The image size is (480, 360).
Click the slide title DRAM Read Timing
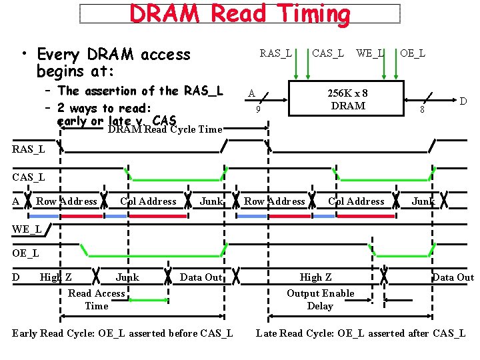[x=239, y=14]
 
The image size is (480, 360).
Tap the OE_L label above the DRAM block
[x=413, y=53]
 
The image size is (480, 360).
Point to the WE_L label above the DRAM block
[x=370, y=53]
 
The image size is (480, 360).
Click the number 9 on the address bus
[x=259, y=109]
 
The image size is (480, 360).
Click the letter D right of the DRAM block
[x=463, y=101]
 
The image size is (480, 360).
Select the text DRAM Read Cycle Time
[x=164, y=129]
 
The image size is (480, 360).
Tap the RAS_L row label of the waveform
[x=29, y=149]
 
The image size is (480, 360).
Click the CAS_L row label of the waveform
[x=29, y=177]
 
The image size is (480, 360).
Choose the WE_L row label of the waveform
[x=27, y=229]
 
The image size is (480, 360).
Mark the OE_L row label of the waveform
[x=25, y=253]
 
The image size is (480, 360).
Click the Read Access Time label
[x=97, y=299]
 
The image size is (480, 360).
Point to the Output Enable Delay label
[x=320, y=299]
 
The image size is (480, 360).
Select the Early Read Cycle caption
[x=123, y=333]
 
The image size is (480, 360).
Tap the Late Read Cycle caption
[x=361, y=333]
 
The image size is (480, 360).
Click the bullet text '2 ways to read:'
[x=105, y=108]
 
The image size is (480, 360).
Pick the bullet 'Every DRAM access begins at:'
[x=113, y=61]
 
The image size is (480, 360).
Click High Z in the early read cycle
[x=56, y=277]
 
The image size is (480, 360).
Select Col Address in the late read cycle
[x=356, y=201]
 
